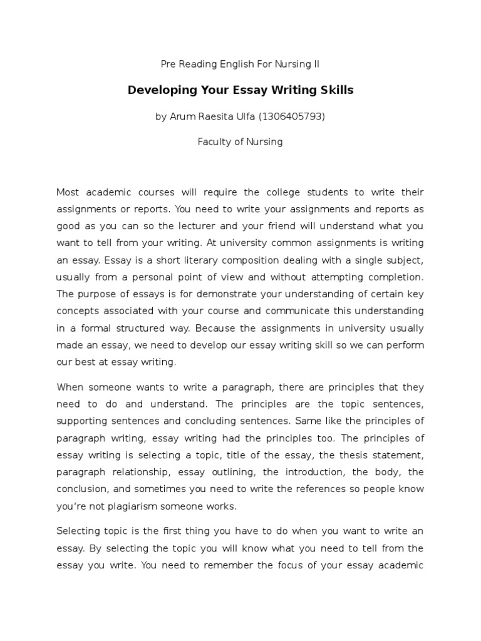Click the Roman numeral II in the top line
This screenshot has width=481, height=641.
click(x=316, y=64)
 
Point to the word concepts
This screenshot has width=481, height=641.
click(x=77, y=310)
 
